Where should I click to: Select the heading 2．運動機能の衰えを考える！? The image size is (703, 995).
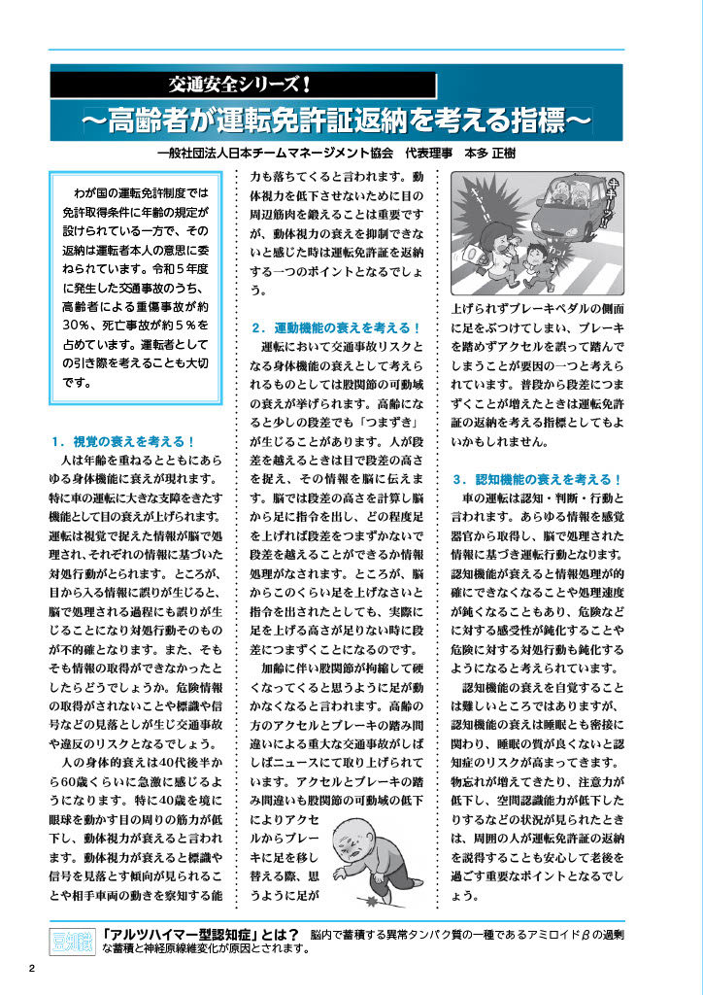pyautogui.click(x=334, y=327)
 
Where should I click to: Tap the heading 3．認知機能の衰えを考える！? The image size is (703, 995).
pyautogui.click(x=536, y=480)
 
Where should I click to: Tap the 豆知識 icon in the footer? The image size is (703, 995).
pyautogui.click(x=68, y=942)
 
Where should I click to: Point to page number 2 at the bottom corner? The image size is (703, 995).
pyautogui.click(x=31, y=968)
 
